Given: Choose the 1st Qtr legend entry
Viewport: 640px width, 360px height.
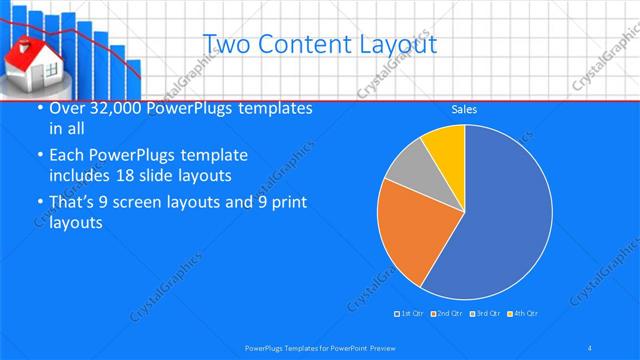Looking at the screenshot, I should click(x=410, y=314).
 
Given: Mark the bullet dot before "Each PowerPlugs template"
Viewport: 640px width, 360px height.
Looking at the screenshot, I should click(x=38, y=156).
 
